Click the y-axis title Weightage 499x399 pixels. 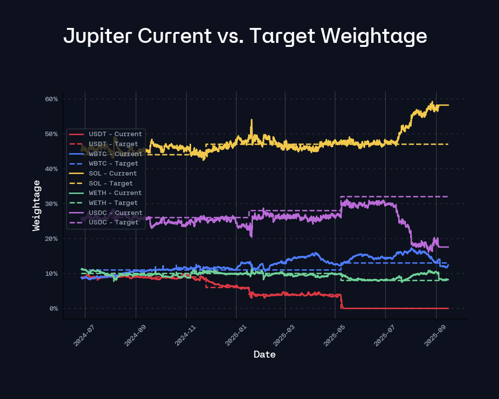[x=36, y=205]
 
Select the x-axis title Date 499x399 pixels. [x=264, y=355]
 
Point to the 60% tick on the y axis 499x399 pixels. [x=51, y=99]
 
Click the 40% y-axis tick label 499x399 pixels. [x=51, y=169]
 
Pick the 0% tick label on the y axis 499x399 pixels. [x=53, y=308]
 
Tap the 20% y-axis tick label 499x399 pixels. [x=51, y=238]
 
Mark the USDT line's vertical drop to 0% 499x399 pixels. [x=341, y=301]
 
